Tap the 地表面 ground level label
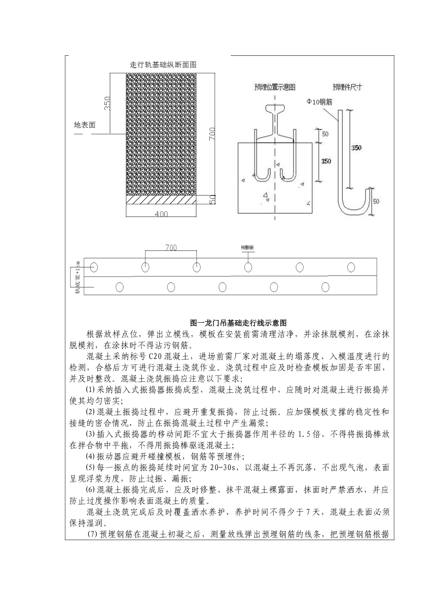pos(84,125)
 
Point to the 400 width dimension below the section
pos(161,214)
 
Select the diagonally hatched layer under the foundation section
pos(161,201)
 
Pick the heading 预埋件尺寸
pos(347,87)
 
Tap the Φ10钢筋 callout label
pos(319,102)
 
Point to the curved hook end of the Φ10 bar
pos(355,205)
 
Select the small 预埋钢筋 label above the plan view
pos(247,247)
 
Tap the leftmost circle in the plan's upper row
pos(94,267)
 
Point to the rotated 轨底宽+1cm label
pos(78,277)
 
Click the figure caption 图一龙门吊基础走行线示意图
pos(238,322)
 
